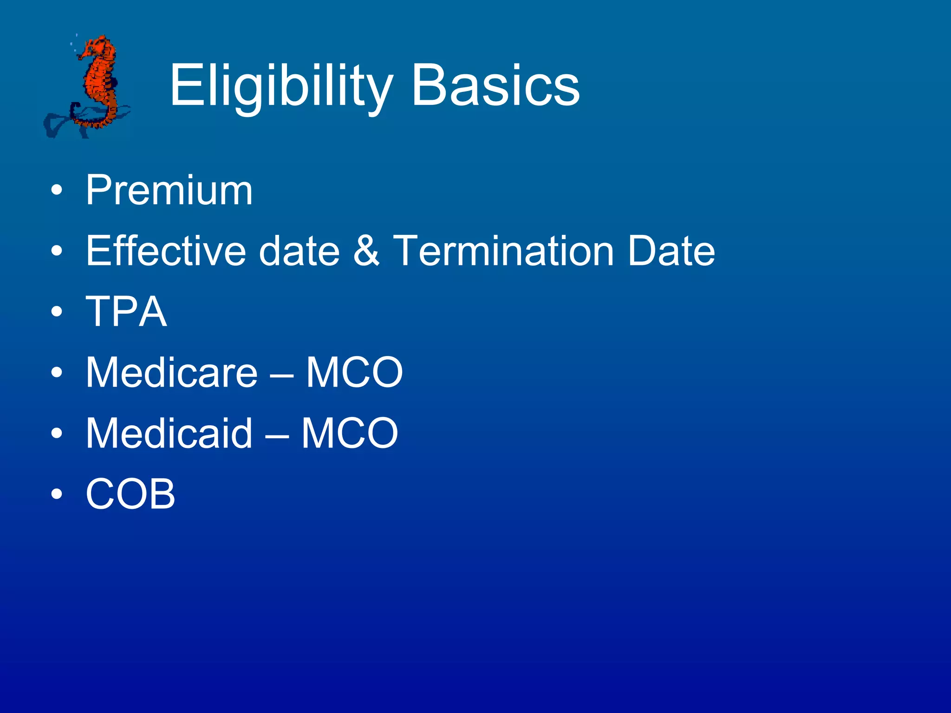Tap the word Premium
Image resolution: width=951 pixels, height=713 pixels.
[169, 190]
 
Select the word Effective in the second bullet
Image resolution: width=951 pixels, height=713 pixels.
[166, 251]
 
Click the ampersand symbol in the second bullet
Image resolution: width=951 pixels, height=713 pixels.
[366, 251]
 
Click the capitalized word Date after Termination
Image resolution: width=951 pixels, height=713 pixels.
[671, 251]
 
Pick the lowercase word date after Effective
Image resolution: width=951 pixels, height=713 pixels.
[299, 251]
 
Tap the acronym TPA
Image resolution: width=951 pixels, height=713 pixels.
[126, 311]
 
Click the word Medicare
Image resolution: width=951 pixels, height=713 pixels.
[171, 372]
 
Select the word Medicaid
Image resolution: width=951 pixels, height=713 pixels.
[169, 433]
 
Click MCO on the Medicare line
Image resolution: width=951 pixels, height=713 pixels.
[354, 372]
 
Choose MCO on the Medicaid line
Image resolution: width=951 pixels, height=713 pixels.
[350, 433]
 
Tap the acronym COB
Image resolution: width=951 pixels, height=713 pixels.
[130, 494]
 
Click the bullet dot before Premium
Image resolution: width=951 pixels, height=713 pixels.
[57, 191]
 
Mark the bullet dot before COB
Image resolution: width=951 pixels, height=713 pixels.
[57, 494]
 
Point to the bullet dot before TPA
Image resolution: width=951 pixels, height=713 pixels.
[57, 312]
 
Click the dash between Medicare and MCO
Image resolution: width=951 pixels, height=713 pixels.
[281, 374]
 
